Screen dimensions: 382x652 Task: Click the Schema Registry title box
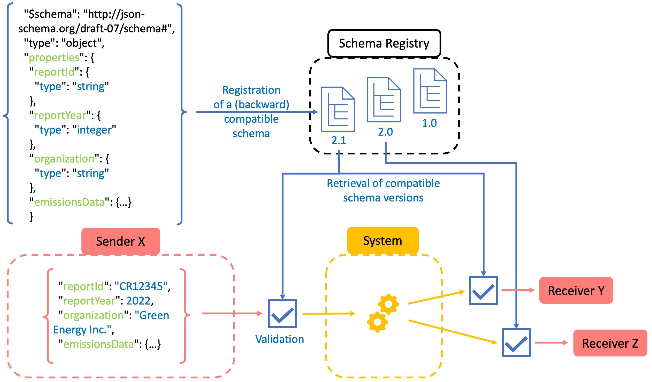coord(384,43)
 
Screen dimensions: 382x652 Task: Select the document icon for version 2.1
coord(338,110)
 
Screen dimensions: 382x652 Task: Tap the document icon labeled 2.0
coord(384,100)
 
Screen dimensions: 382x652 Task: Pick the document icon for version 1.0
coord(430,91)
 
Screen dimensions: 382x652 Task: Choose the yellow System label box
coord(383,241)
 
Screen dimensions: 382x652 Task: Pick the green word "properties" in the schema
coord(54,57)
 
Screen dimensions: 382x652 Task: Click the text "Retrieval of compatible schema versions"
coord(383,191)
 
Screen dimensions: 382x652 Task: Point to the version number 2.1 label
coord(339,141)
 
